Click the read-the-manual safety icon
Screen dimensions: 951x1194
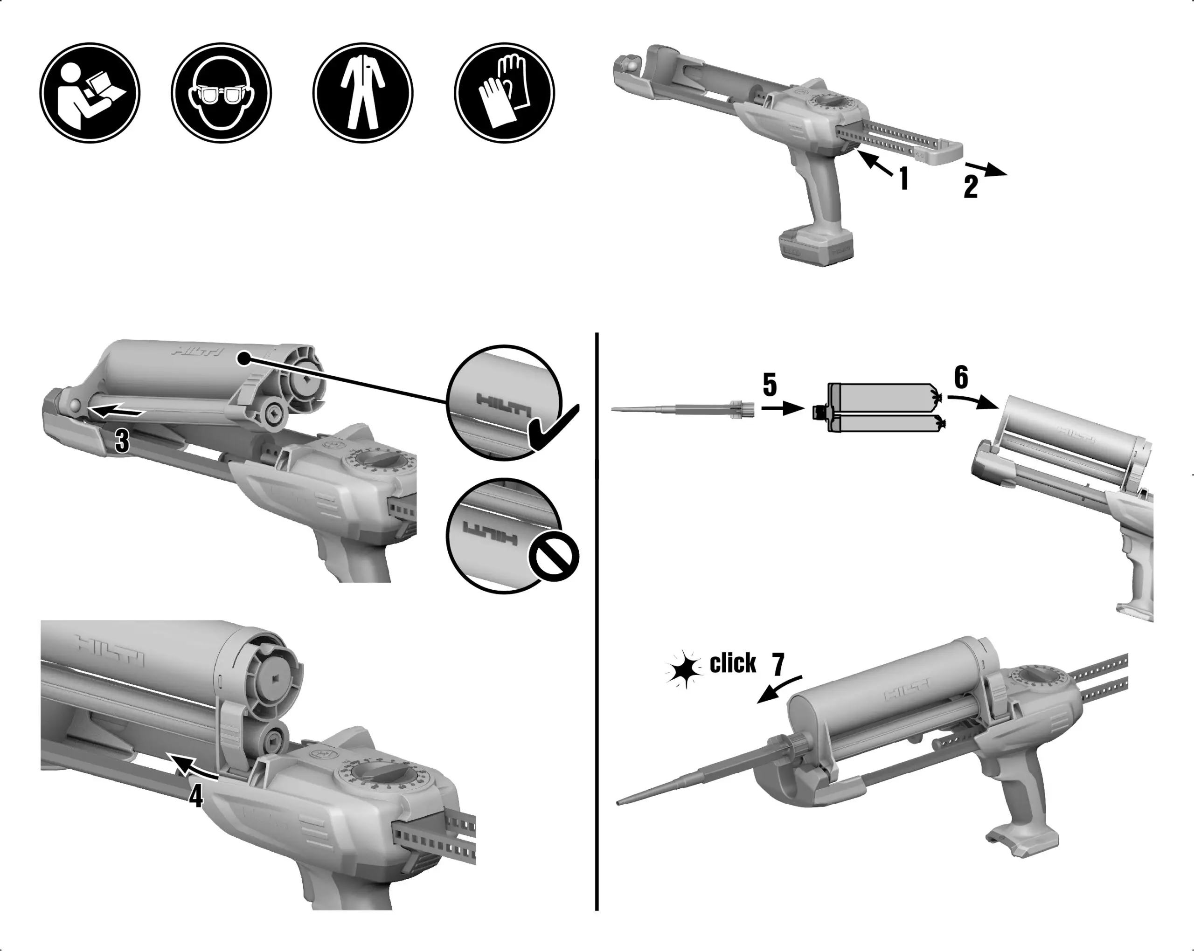tap(90, 93)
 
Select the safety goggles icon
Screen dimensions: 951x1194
tap(221, 93)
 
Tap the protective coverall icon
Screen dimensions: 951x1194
tap(363, 93)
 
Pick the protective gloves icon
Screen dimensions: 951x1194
tap(504, 93)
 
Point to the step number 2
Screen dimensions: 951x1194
tap(970, 187)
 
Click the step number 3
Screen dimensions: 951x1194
tap(122, 441)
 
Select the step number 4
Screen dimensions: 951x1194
tap(196, 797)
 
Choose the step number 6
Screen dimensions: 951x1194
tap(961, 377)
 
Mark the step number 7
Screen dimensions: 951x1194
tap(778, 664)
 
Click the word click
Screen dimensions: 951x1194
tap(732, 663)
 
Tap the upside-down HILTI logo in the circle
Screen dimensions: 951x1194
tap(490, 535)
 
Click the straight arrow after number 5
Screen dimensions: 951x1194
tap(782, 408)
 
